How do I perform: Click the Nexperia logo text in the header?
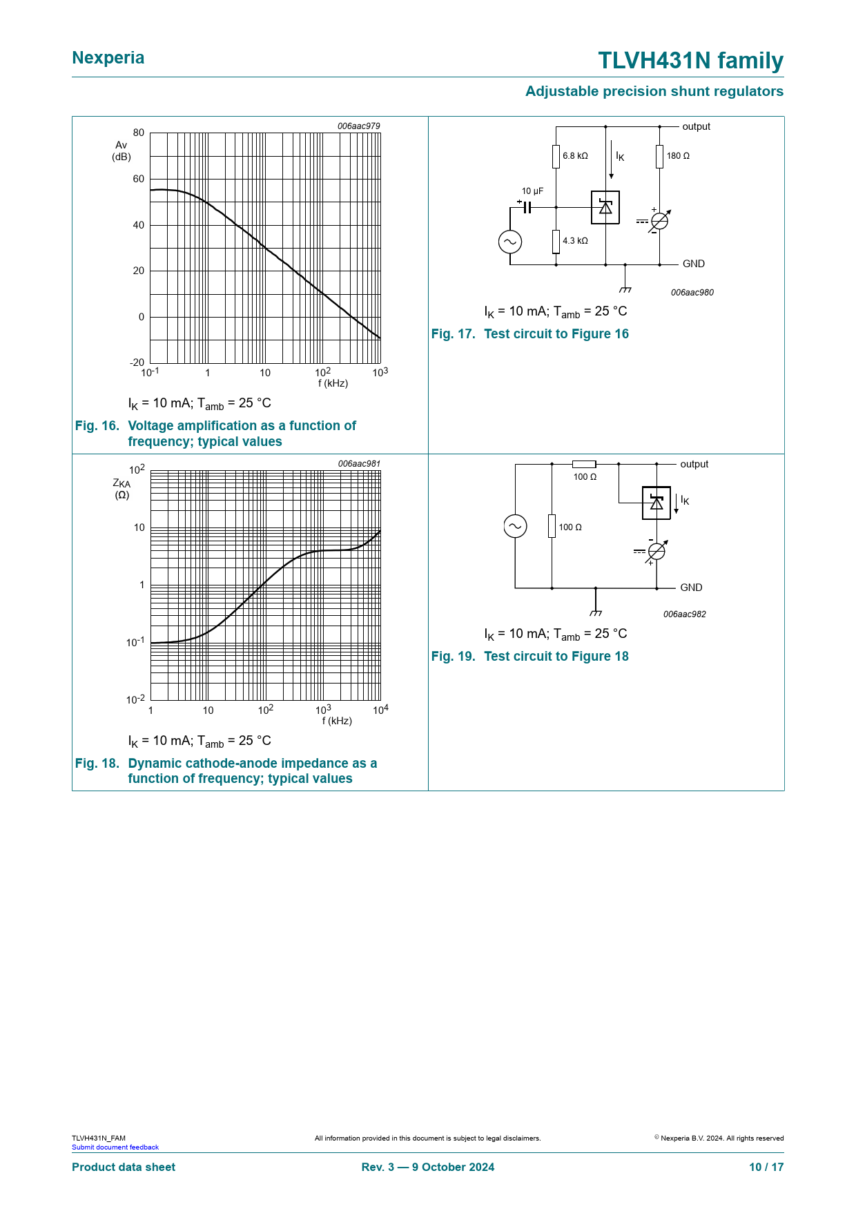(x=108, y=58)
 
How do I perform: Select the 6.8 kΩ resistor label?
(x=575, y=156)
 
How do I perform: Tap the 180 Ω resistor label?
(x=678, y=156)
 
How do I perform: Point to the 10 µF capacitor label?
(x=532, y=191)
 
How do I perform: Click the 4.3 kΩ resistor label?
(x=575, y=241)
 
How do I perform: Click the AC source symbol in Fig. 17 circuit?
(x=510, y=242)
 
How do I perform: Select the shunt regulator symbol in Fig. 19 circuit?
(x=656, y=503)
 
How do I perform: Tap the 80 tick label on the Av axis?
(x=139, y=133)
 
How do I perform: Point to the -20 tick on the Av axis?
(x=137, y=362)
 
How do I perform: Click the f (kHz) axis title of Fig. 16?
(x=333, y=383)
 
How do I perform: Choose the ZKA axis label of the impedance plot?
(x=121, y=484)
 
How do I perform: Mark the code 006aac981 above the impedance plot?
(x=359, y=464)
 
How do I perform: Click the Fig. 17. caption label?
(x=453, y=334)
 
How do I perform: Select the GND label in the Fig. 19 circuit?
(x=691, y=588)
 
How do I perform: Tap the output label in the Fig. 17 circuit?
(x=696, y=126)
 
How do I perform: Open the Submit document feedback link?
(x=115, y=1147)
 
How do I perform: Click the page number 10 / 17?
(x=766, y=1167)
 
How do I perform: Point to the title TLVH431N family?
(x=690, y=61)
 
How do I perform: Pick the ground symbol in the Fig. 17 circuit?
(x=625, y=289)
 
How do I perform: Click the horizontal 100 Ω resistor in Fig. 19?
(x=584, y=464)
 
